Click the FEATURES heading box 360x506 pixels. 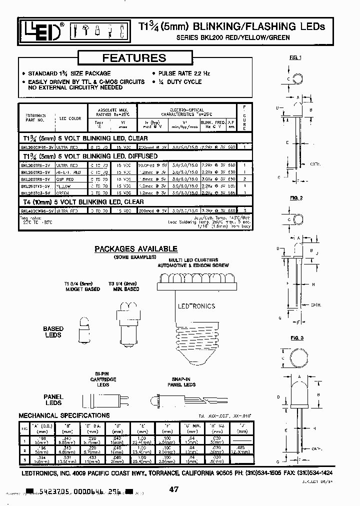click(x=134, y=58)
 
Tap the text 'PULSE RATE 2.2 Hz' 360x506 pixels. click(x=181, y=73)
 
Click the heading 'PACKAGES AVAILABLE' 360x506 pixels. click(x=136, y=248)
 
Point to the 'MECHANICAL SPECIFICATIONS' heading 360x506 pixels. click(x=64, y=415)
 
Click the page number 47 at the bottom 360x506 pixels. click(x=173, y=490)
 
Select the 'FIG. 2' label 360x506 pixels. click(x=296, y=198)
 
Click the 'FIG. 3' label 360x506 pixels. click(x=297, y=338)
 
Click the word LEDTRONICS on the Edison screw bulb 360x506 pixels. click(x=196, y=306)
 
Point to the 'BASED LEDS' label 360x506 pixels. click(x=53, y=332)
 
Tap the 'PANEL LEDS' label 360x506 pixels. click(x=53, y=399)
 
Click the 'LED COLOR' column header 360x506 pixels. click(x=70, y=118)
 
